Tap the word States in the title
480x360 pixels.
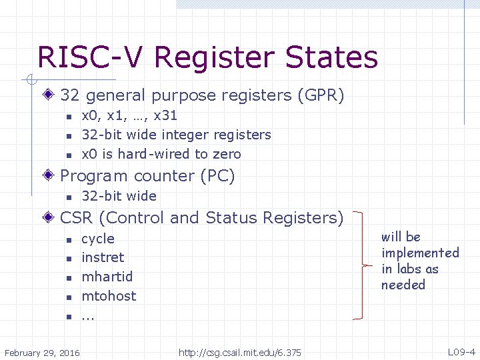pyautogui.click(x=331, y=57)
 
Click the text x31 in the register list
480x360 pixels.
pyautogui.click(x=165, y=116)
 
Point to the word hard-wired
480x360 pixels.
pyautogui.click(x=154, y=154)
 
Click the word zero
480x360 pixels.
pyautogui.click(x=227, y=154)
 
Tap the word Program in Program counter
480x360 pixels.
pyautogui.click(x=94, y=176)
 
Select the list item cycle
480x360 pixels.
pyautogui.click(x=98, y=239)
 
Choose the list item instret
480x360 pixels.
pyautogui.click(x=103, y=257)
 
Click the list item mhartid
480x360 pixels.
pyautogui.click(x=107, y=277)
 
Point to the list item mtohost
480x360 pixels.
pyautogui.click(x=109, y=296)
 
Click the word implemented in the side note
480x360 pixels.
pyautogui.click(x=420, y=253)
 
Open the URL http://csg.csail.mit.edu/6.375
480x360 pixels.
pyautogui.click(x=240, y=352)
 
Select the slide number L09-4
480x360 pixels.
pyautogui.click(x=461, y=352)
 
